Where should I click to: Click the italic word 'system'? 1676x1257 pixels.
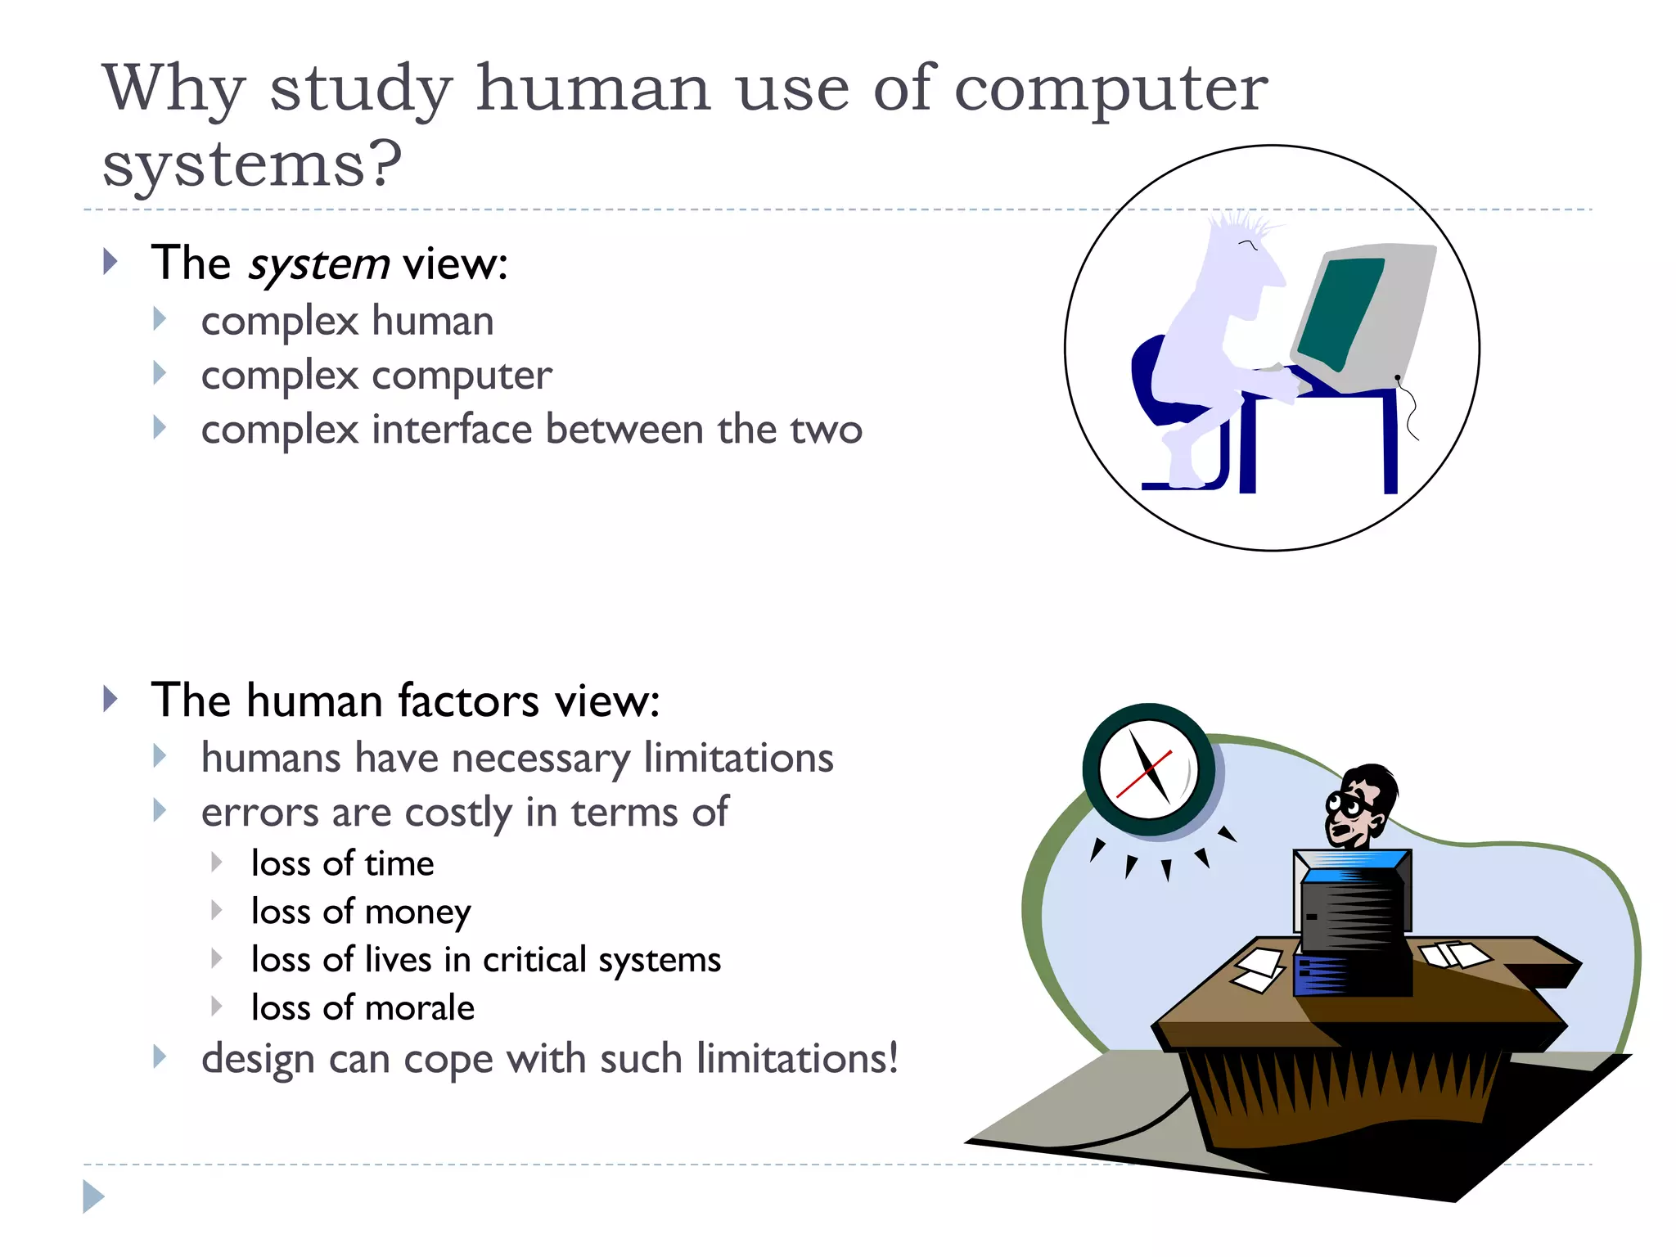(318, 265)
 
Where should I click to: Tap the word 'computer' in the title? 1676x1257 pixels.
(1111, 88)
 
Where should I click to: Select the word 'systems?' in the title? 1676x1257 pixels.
(252, 165)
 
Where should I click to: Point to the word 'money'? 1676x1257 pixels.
(418, 912)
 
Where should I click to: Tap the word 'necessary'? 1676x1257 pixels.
(540, 759)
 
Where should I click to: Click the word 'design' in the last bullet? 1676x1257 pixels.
(258, 1059)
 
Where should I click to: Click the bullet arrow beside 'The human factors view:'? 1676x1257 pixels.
(110, 699)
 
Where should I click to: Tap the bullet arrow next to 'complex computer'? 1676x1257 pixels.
(160, 374)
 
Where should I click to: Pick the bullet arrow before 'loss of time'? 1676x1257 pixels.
(216, 862)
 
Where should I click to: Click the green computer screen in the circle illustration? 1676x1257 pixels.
(1340, 312)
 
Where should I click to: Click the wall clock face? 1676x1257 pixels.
(1147, 769)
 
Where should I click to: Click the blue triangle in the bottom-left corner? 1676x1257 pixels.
(93, 1196)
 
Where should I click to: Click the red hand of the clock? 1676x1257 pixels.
(1143, 774)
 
